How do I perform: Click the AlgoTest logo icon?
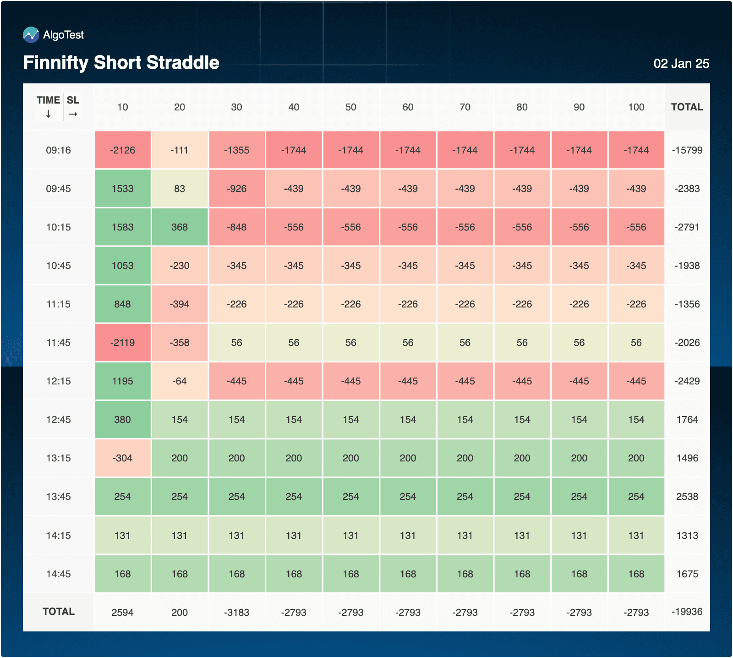click(31, 35)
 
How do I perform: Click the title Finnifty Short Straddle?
click(121, 62)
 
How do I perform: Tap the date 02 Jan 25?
click(681, 64)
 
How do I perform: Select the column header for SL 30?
click(236, 107)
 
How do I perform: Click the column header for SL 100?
click(636, 107)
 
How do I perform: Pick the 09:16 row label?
click(58, 150)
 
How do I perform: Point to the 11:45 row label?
click(58, 343)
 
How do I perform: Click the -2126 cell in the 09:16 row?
click(122, 150)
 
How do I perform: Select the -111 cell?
click(180, 150)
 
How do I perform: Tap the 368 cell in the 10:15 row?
click(180, 227)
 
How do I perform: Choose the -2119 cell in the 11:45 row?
click(122, 343)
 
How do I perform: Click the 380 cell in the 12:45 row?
click(122, 420)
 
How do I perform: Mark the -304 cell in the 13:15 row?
click(122, 458)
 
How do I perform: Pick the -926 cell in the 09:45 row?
click(236, 189)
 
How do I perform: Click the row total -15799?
click(687, 150)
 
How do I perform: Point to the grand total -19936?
click(687, 612)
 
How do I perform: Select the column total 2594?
click(122, 613)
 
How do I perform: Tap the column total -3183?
click(236, 613)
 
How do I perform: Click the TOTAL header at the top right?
click(687, 107)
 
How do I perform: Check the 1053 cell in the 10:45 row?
click(122, 266)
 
